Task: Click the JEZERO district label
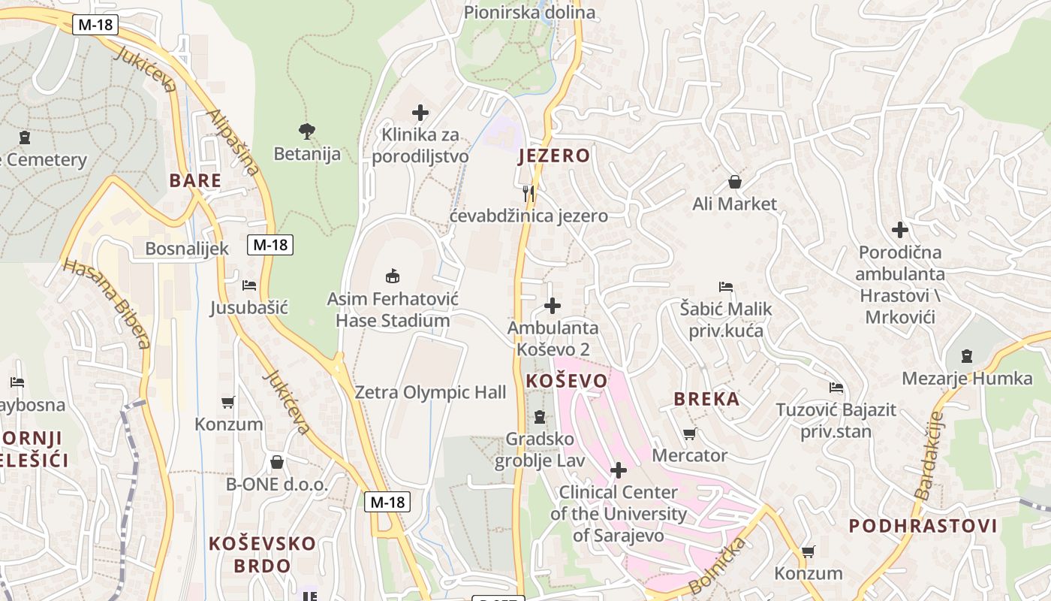[554, 156]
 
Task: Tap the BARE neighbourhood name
[195, 180]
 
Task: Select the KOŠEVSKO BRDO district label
[261, 554]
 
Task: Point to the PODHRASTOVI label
[923, 526]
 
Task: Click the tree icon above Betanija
[306, 131]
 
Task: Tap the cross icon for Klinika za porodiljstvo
[420, 113]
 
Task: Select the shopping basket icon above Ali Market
[734, 182]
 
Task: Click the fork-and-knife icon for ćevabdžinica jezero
[529, 194]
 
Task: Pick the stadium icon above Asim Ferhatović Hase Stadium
[392, 276]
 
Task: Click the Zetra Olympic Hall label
[430, 392]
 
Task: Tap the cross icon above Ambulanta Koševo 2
[552, 306]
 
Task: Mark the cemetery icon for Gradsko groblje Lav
[539, 417]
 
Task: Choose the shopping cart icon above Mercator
[689, 433]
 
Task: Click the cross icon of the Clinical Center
[618, 470]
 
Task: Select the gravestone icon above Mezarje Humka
[967, 356]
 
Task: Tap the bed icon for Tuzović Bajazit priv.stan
[836, 388]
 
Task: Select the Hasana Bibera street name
[107, 304]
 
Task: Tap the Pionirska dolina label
[529, 12]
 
